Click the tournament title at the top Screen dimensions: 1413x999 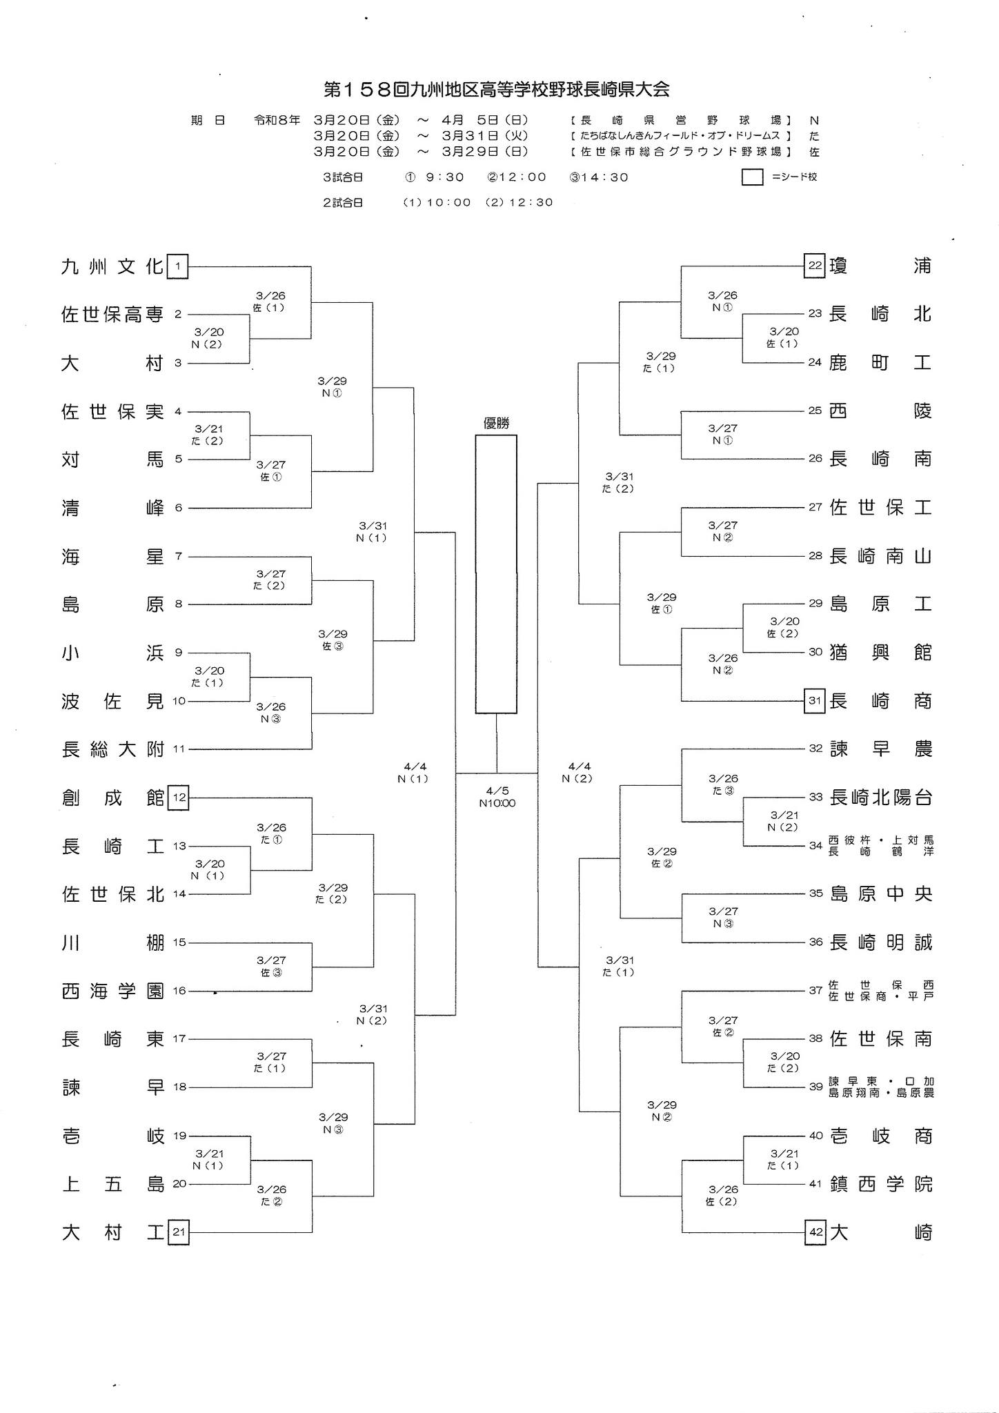click(497, 90)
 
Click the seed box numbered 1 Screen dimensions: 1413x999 click(178, 266)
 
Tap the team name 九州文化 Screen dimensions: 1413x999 click(112, 266)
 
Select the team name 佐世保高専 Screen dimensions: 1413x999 click(112, 315)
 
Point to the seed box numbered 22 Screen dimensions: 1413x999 click(815, 266)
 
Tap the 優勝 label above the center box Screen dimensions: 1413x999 click(496, 424)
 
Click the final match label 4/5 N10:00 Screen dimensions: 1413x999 click(497, 797)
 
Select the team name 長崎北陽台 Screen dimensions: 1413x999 click(880, 798)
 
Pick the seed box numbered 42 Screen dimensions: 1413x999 click(815, 1233)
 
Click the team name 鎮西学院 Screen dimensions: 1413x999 click(880, 1185)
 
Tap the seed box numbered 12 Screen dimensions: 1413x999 click(179, 798)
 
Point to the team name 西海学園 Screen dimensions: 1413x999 click(112, 991)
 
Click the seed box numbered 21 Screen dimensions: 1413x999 click(179, 1233)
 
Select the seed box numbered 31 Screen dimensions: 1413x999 click(815, 701)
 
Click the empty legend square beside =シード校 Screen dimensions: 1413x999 click(752, 177)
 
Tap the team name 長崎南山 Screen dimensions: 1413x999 click(880, 556)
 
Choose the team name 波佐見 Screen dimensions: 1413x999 click(112, 702)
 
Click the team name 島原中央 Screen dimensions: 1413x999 click(880, 894)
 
